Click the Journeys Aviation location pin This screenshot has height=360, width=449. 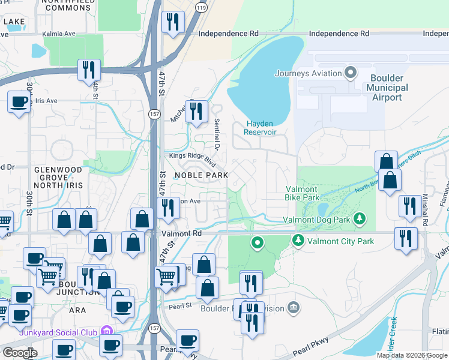[x=351, y=74]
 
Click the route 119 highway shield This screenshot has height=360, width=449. [x=201, y=8]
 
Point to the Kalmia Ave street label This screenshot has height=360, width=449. [x=58, y=34]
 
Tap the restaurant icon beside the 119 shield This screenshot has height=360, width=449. [x=173, y=23]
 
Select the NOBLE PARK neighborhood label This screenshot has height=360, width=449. [x=201, y=175]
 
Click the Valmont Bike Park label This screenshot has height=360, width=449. [x=302, y=193]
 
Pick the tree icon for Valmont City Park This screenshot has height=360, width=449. [x=298, y=241]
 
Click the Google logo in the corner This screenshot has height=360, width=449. [x=20, y=353]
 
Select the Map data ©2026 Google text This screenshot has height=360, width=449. [x=412, y=355]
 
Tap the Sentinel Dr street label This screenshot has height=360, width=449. [x=217, y=134]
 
